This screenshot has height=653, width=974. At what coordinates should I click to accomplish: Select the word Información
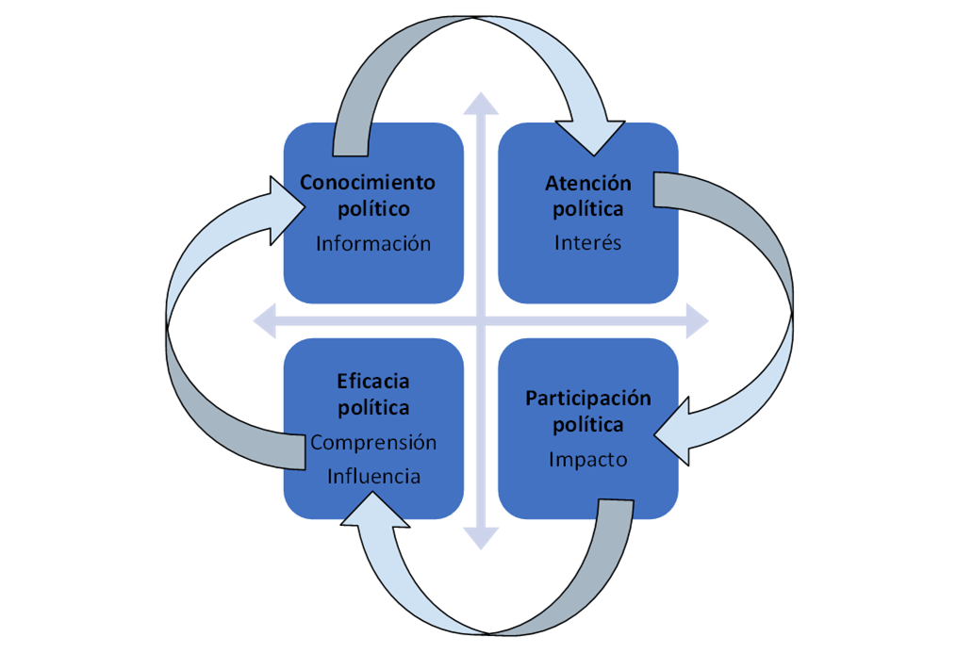(373, 243)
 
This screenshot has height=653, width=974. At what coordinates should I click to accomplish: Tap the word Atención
(588, 182)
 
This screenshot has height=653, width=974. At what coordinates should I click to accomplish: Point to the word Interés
(588, 242)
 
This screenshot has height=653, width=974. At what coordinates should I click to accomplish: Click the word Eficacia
(373, 382)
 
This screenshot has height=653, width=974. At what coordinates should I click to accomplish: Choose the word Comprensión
(373, 442)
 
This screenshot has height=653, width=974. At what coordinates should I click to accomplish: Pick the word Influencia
(373, 476)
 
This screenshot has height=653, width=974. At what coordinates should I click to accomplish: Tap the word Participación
(588, 398)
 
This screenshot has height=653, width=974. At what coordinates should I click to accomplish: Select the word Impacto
(588, 460)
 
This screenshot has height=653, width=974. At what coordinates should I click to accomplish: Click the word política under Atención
(588, 208)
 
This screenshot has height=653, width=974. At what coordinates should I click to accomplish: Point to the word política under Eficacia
(373, 408)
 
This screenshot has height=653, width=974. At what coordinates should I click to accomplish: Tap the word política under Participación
(588, 425)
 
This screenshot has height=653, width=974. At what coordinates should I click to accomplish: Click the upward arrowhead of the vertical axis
(481, 103)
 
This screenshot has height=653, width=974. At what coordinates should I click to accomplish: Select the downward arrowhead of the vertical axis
(481, 538)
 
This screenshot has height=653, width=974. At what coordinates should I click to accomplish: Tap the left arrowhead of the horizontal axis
(265, 322)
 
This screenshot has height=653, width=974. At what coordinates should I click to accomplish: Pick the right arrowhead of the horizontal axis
(697, 320)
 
